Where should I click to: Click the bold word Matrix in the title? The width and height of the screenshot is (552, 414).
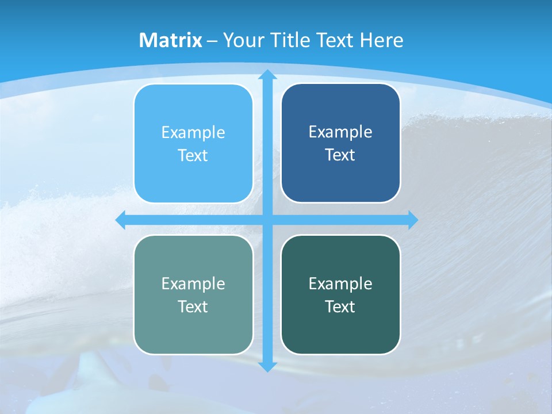(x=171, y=40)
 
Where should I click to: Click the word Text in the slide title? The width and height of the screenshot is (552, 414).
(x=335, y=40)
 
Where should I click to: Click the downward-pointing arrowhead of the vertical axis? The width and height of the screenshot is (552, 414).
(x=267, y=366)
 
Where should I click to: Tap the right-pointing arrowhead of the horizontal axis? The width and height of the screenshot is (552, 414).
(x=412, y=220)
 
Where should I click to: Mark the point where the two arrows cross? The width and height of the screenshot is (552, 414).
(x=267, y=220)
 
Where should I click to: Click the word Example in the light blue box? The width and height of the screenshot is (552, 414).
(x=193, y=133)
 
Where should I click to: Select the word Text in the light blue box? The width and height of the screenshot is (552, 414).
(x=193, y=156)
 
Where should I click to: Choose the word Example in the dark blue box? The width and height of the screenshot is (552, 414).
(x=340, y=132)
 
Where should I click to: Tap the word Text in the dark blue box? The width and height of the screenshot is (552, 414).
(x=340, y=155)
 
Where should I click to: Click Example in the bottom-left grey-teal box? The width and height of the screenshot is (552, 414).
(x=193, y=284)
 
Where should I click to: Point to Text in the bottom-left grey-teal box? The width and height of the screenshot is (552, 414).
(x=193, y=307)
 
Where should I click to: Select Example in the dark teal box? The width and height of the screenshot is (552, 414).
(x=340, y=284)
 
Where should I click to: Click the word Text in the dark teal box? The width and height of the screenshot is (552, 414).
(x=340, y=307)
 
